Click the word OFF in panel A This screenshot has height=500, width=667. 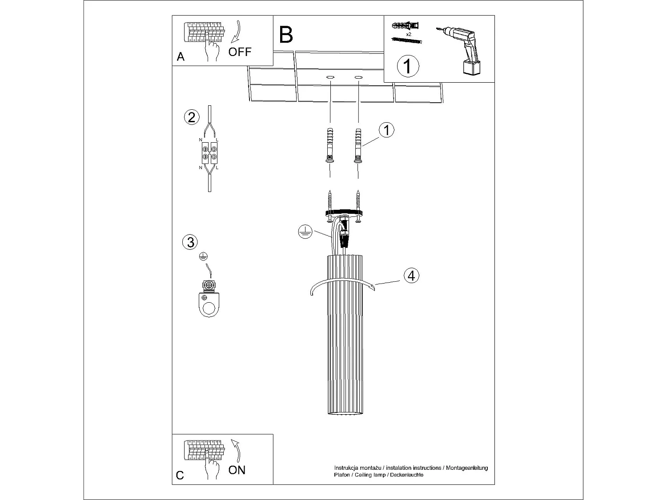[240, 52]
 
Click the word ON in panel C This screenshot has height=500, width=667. [237, 470]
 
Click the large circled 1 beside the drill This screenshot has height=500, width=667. [407, 66]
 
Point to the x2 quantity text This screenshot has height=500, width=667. [409, 34]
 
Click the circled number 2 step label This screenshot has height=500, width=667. [191, 118]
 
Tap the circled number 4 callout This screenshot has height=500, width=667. [411, 276]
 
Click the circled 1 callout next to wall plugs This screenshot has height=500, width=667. [386, 130]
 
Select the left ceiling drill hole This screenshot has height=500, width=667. [330, 78]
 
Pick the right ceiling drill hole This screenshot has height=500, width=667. [358, 78]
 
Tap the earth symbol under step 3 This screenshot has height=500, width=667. [203, 256]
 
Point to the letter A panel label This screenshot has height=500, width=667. [181, 57]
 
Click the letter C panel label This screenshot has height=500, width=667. [180, 475]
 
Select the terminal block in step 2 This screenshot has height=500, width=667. [209, 152]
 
